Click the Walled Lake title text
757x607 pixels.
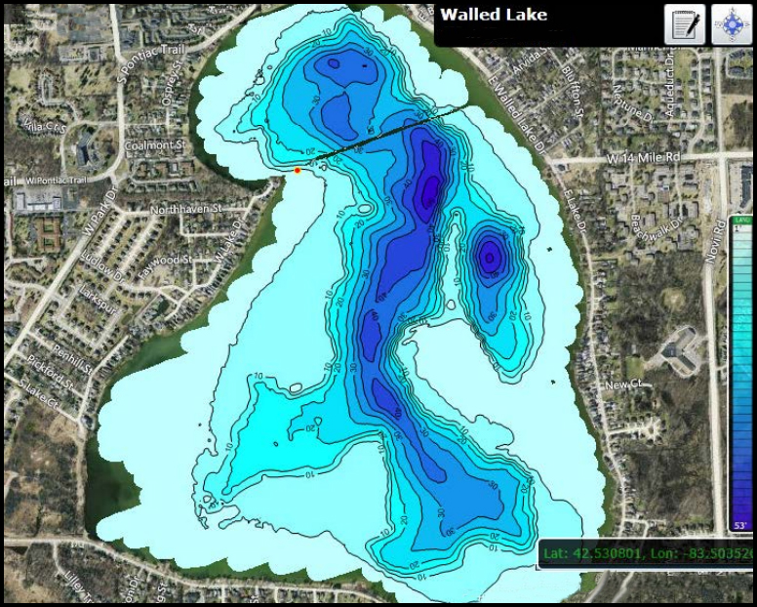coord(494,15)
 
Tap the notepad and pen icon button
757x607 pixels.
coord(684,24)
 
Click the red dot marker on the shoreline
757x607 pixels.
coord(298,170)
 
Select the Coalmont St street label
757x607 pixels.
coord(155,144)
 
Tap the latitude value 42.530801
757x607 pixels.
coord(605,554)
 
